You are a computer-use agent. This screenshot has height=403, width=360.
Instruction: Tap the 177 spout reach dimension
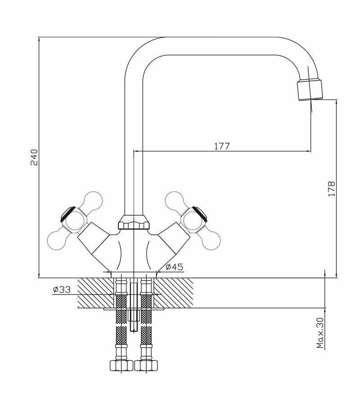222,146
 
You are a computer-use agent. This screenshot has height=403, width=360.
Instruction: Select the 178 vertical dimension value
332,188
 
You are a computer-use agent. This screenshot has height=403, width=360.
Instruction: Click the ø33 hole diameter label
61,290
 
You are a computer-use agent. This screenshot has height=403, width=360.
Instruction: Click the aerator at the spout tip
310,89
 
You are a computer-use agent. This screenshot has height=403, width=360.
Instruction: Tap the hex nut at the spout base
134,223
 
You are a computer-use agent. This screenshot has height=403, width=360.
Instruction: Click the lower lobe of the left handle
57,237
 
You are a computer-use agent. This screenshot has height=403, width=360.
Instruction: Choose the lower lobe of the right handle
210,240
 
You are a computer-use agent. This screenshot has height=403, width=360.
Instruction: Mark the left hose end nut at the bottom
121,365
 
